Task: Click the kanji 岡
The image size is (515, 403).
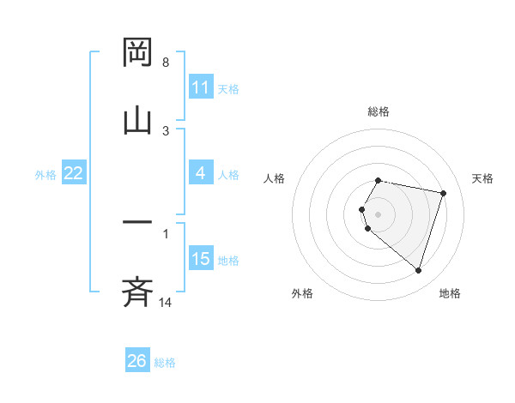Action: click(138, 54)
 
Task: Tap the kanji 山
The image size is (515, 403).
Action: click(138, 120)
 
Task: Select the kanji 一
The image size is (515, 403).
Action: click(138, 225)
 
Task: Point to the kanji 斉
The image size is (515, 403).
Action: click(138, 292)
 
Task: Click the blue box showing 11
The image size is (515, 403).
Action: click(201, 87)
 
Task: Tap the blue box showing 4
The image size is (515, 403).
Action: click(201, 173)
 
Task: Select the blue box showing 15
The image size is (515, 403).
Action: click(201, 259)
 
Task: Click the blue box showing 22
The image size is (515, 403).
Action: click(74, 173)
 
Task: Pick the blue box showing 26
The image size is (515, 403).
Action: click(137, 361)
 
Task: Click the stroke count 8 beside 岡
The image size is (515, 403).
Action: click(166, 63)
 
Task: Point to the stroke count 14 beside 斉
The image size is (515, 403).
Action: click(166, 302)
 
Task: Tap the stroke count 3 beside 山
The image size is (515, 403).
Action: click(166, 130)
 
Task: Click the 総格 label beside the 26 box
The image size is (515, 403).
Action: click(165, 363)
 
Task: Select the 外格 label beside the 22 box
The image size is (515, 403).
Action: click(45, 174)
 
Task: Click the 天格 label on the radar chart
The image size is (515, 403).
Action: click(482, 178)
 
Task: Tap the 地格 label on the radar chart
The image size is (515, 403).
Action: click(450, 293)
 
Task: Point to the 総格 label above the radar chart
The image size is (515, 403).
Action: click(379, 111)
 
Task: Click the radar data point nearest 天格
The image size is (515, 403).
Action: click(443, 193)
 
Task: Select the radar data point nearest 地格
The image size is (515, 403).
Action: click(418, 271)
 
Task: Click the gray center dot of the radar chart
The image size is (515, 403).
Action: click(379, 214)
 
